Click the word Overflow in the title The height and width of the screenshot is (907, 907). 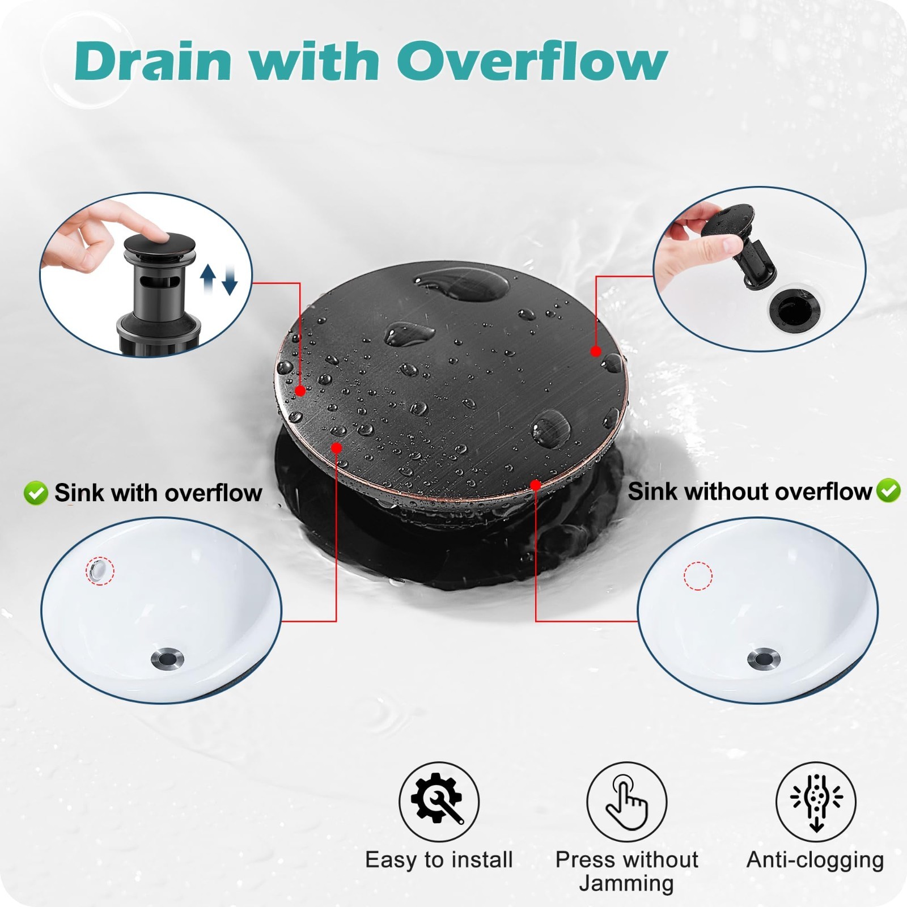click(x=532, y=61)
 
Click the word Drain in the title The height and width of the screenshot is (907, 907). click(x=153, y=61)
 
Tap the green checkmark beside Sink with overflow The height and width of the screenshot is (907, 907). click(x=36, y=493)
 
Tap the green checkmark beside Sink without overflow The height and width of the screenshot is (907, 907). click(x=888, y=490)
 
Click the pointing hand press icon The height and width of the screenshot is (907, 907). click(x=626, y=802)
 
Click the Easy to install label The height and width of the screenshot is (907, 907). click(x=439, y=859)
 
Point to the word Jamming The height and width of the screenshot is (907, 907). click(x=626, y=884)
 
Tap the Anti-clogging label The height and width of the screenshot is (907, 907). click(x=815, y=861)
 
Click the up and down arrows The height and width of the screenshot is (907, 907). click(x=219, y=279)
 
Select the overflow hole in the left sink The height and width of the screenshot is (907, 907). click(x=98, y=569)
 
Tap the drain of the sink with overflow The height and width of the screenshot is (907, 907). click(x=168, y=658)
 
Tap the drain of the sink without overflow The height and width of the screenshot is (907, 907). click(x=764, y=658)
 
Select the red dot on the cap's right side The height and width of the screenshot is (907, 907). click(x=595, y=351)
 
